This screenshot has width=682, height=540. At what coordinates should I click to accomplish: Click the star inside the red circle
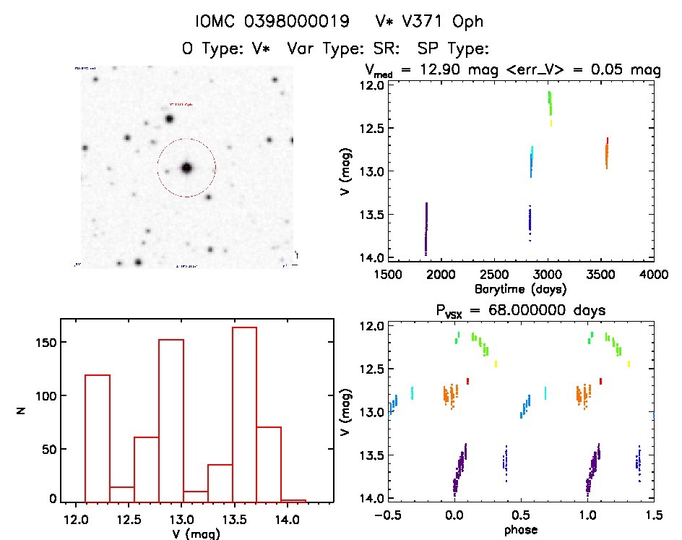click(186, 168)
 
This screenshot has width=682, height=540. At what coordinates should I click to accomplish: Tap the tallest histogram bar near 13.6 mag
click(244, 414)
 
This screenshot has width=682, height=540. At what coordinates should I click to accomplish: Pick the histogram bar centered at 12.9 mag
click(171, 420)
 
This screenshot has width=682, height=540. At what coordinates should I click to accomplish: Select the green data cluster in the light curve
click(550, 103)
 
